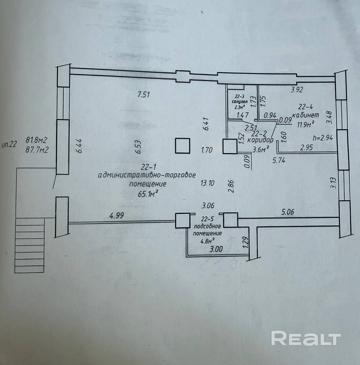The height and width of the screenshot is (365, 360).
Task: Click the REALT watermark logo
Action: pyautogui.click(x=306, y=338)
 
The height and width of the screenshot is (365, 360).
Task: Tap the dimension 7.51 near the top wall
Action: pyautogui.click(x=144, y=94)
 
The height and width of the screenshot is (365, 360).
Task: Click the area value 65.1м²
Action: pyautogui.click(x=148, y=194)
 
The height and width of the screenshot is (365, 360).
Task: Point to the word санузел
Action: pyautogui.click(x=239, y=102)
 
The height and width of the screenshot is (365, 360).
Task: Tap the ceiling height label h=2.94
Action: pyautogui.click(x=322, y=138)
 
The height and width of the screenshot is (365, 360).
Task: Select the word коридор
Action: pyautogui.click(x=260, y=140)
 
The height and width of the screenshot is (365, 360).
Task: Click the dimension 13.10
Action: pyautogui.click(x=207, y=183)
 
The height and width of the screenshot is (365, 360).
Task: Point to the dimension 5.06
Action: pyautogui.click(x=287, y=212)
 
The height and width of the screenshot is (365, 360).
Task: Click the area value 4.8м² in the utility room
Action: pyautogui.click(x=208, y=240)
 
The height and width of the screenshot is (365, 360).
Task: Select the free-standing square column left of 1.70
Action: pyautogui.click(x=182, y=145)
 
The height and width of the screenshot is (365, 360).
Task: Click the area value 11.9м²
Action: pyautogui.click(x=306, y=124)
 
